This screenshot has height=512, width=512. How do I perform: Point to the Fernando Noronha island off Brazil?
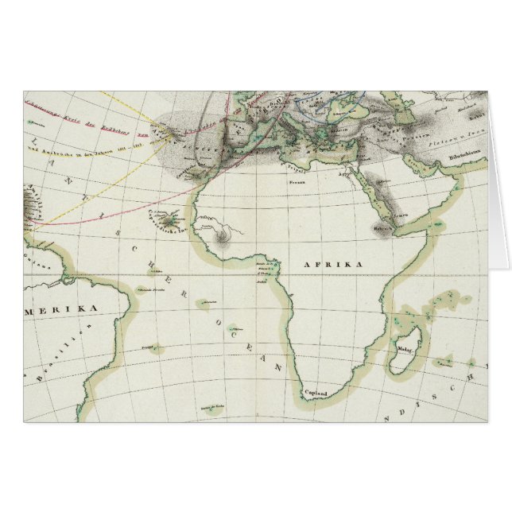(x=144, y=289)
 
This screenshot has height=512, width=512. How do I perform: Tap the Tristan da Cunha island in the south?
(x=212, y=409)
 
